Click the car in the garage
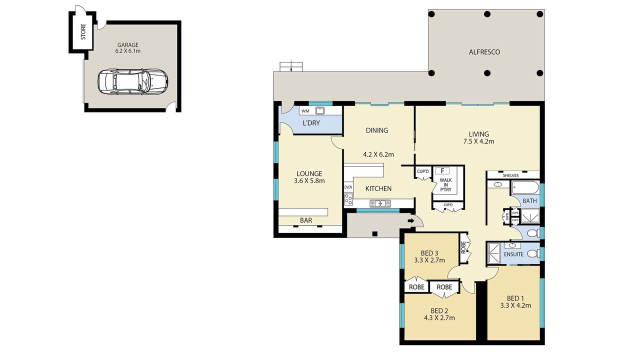(x=133, y=81)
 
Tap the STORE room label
(x=83, y=31)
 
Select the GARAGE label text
(x=127, y=45)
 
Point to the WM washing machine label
(x=305, y=111)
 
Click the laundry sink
(x=320, y=110)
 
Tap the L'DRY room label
(x=311, y=123)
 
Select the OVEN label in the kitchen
(x=348, y=187)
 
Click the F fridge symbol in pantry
(x=442, y=171)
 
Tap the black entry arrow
(x=411, y=221)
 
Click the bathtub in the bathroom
(x=525, y=188)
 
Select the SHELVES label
(x=511, y=175)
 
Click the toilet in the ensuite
(x=533, y=253)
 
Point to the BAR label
(x=306, y=220)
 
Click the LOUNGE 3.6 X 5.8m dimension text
(x=309, y=181)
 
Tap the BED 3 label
(x=429, y=253)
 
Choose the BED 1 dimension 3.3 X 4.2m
(x=515, y=305)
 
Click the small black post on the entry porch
(x=375, y=234)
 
